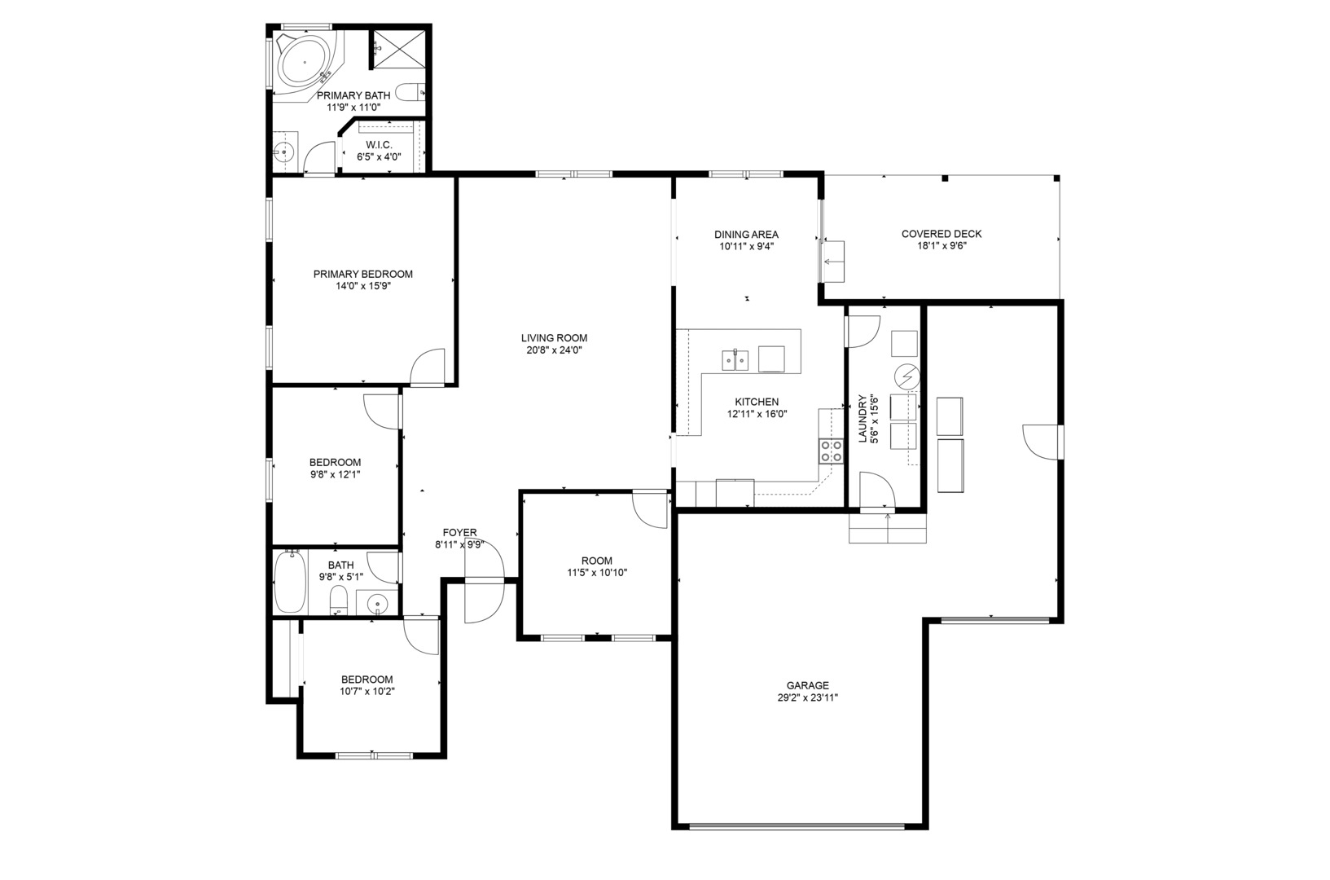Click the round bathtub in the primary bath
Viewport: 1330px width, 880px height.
click(304, 62)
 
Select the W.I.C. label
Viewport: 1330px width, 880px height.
click(379, 145)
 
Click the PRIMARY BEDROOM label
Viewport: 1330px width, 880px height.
click(362, 274)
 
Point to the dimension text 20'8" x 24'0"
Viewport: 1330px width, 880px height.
click(554, 350)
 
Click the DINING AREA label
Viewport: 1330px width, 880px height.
click(746, 234)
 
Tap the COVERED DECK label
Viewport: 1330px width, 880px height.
click(942, 234)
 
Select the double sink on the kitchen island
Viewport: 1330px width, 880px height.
click(735, 360)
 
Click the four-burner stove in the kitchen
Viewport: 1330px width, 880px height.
click(832, 451)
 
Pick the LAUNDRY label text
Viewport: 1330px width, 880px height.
click(863, 418)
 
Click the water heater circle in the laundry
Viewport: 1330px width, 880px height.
click(907, 376)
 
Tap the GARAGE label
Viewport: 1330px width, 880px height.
click(807, 685)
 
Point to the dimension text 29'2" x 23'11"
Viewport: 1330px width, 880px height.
click(807, 697)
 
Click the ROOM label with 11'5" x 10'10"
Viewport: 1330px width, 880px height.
click(597, 561)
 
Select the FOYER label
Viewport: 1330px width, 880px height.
click(459, 532)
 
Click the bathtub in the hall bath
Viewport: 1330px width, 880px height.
click(290, 582)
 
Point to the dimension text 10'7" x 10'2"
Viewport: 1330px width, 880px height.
click(367, 691)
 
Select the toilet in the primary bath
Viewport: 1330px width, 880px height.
click(410, 92)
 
